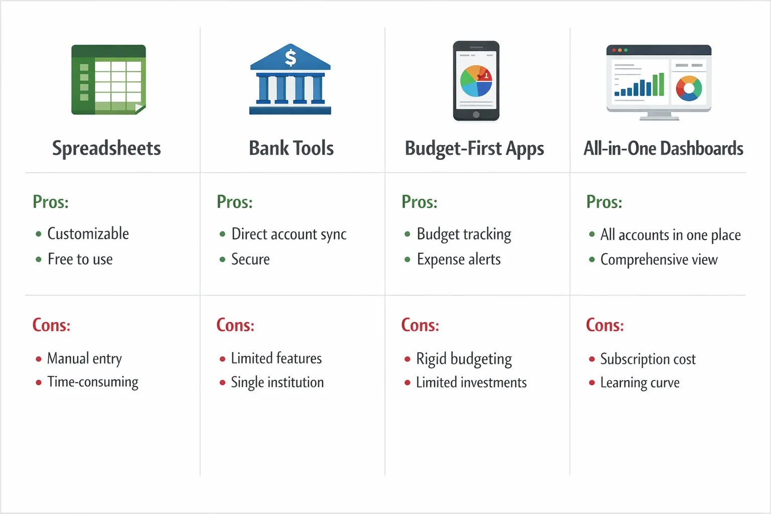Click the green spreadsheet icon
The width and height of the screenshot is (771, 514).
[108, 79]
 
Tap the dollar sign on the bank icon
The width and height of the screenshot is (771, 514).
[290, 57]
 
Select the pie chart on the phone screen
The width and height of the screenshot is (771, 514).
[476, 81]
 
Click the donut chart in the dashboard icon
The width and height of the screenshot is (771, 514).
[689, 88]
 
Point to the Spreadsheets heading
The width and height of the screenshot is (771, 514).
[106, 149]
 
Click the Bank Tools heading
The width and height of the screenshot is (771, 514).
[291, 149]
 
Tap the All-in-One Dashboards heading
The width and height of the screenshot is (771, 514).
[663, 149]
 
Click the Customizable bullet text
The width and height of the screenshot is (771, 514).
[88, 233]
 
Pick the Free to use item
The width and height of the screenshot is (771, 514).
[80, 259]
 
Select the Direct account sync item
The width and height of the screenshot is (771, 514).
[289, 234]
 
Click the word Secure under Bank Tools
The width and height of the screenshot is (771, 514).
[250, 259]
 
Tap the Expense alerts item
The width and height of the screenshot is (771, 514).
[458, 260]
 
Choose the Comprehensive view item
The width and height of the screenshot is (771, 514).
[659, 260]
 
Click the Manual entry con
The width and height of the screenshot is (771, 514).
[84, 358]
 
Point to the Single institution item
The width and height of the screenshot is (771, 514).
[277, 382]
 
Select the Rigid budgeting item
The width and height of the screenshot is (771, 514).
[464, 359]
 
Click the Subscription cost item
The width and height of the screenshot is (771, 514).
[648, 359]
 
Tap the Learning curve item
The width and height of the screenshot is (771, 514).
[639, 382]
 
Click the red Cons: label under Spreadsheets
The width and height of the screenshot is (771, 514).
[51, 325]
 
